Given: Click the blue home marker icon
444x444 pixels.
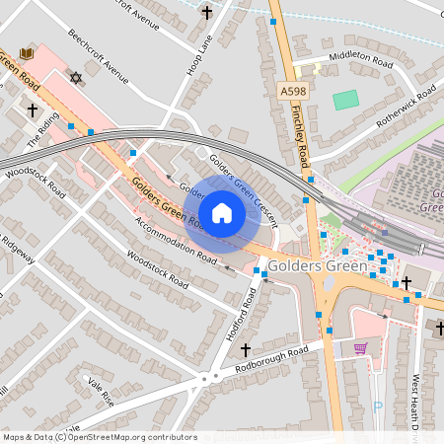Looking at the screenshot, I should (222, 213).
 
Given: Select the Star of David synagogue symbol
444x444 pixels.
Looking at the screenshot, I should (74, 77).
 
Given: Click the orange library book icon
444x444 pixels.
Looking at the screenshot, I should (27, 52).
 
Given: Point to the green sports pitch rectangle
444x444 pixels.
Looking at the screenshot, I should (345, 100).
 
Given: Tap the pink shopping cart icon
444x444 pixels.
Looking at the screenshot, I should (360, 347).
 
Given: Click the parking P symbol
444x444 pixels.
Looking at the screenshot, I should (378, 406).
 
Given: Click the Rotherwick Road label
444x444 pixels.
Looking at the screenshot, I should (406, 108).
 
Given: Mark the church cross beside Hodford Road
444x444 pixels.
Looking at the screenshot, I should (246, 349).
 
